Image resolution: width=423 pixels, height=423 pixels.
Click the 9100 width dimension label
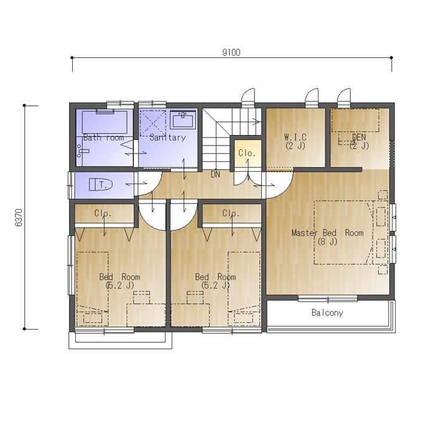tap(231, 52)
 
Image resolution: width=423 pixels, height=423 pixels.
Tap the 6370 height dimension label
tap(19, 218)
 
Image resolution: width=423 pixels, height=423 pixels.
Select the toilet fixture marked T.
tap(101, 185)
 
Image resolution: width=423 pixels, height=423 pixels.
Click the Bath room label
tap(104, 137)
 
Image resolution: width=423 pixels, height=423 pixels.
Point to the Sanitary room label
tap(168, 137)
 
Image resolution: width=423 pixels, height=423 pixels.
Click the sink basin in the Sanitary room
tap(183, 121)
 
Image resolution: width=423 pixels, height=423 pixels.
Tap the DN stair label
tap(215, 175)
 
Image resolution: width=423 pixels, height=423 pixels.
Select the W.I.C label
tap(295, 137)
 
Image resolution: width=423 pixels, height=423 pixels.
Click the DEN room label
tap(359, 137)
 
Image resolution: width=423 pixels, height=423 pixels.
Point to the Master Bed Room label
tap(327, 233)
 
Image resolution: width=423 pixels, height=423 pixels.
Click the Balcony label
tap(327, 313)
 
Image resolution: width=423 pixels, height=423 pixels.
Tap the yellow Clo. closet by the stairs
tap(248, 153)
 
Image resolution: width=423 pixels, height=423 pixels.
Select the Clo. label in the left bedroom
tap(103, 213)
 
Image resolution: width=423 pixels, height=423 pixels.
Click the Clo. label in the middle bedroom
tap(231, 213)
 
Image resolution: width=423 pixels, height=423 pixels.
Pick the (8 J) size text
tap(327, 242)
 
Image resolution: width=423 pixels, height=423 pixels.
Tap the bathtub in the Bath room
tap(105, 122)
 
